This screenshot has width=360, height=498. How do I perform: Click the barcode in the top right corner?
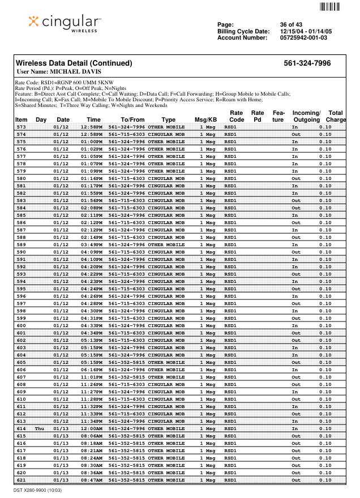(331, 7)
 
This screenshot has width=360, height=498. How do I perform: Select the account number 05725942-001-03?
(303, 38)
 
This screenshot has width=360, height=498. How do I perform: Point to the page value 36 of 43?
(292, 24)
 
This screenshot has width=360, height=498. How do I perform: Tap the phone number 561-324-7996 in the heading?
(307, 63)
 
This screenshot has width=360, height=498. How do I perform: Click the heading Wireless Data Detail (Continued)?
(74, 63)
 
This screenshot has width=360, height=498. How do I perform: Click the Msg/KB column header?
(205, 120)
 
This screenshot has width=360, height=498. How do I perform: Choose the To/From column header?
(132, 120)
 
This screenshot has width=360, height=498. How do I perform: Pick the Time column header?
(93, 120)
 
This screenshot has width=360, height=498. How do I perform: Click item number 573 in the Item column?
(21, 127)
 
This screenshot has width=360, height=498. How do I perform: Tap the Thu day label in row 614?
(40, 428)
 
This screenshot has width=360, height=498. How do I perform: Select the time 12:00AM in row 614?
(91, 428)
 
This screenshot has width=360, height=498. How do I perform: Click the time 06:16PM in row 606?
(91, 370)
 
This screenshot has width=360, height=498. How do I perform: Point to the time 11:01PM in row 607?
(91, 377)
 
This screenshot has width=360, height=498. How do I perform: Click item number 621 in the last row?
(21, 480)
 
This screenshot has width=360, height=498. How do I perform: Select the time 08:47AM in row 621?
(91, 480)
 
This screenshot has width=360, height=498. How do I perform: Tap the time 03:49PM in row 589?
(91, 244)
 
